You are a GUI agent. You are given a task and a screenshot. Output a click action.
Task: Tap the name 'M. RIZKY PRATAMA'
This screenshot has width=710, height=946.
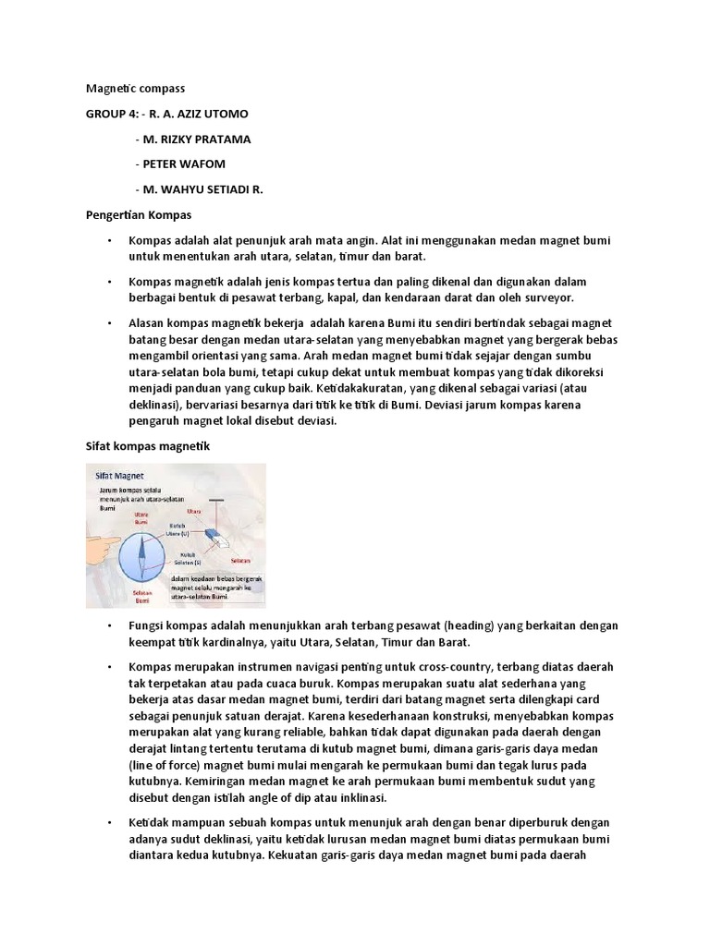[x=196, y=139]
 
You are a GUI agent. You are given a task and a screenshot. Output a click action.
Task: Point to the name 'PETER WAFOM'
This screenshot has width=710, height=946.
[x=181, y=164]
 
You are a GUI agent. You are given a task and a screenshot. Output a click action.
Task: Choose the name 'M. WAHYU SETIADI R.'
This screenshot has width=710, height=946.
[x=202, y=189]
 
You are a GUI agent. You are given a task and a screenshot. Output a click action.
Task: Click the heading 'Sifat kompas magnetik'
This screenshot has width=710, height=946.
[x=142, y=446]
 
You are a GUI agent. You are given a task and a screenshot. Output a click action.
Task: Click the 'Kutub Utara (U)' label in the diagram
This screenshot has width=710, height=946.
[x=177, y=530]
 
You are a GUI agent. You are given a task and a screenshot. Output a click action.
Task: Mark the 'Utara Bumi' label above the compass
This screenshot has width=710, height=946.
[x=141, y=517]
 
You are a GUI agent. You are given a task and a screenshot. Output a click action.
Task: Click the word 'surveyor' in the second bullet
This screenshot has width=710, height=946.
[x=547, y=298]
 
